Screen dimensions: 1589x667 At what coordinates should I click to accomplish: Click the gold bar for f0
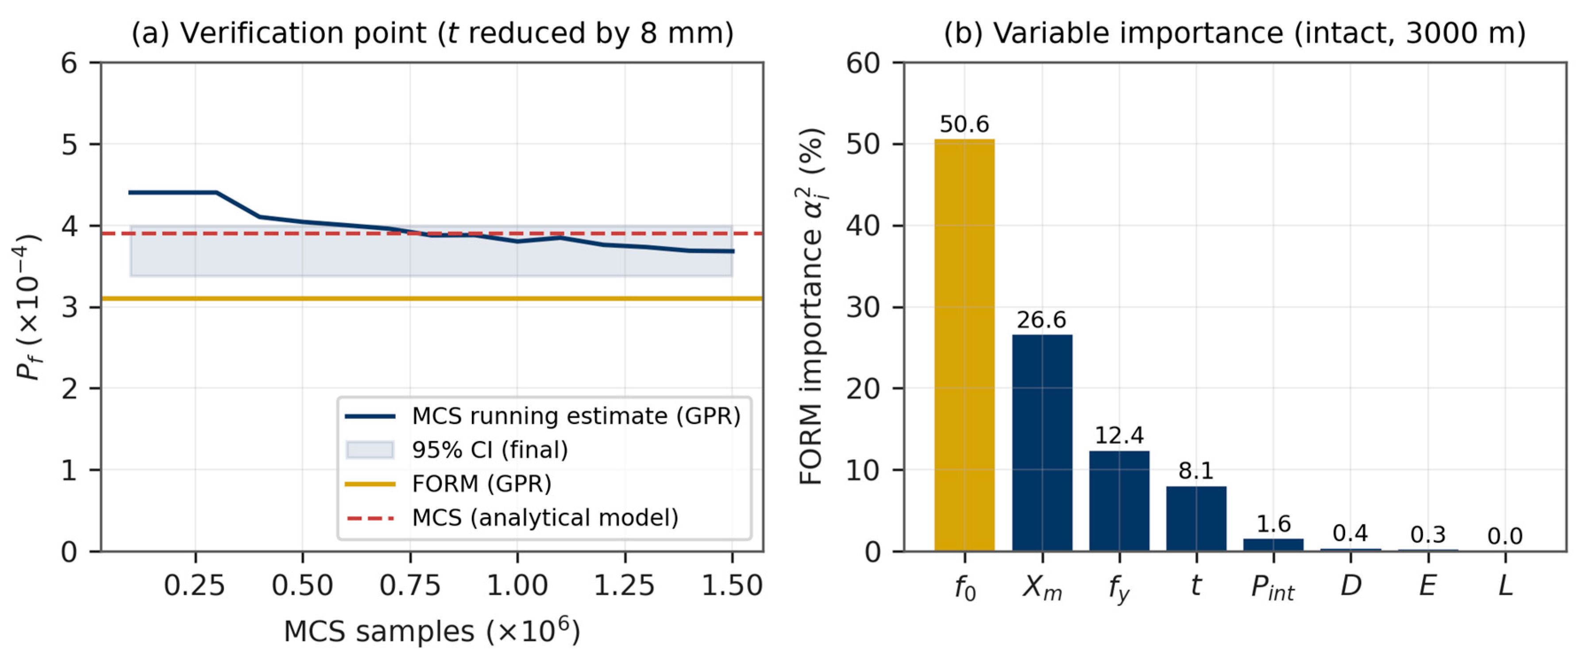pos(964,345)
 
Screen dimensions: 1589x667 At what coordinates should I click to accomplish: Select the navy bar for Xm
pos(1042,442)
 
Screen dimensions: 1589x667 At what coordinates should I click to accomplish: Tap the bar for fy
pos(1119,500)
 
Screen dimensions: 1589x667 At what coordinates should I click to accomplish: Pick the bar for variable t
pos(1196,518)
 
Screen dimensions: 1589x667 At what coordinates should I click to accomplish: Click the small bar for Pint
pos(1273,545)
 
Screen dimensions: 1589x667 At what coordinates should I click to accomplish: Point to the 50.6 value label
pos(964,124)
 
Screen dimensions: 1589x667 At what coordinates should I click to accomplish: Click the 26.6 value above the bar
pos(1042,320)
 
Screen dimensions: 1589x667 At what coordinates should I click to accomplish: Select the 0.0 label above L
pos(1505,536)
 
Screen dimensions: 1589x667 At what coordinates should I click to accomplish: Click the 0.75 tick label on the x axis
pos(410,585)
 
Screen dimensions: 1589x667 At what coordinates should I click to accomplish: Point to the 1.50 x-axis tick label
pos(732,585)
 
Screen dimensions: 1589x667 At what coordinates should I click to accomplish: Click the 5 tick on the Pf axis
pos(69,144)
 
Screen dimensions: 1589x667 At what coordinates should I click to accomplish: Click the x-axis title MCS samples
pos(432,631)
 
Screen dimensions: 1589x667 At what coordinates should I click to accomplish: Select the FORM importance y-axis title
pos(812,306)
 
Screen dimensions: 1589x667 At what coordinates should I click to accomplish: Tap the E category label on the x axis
pos(1427,585)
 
